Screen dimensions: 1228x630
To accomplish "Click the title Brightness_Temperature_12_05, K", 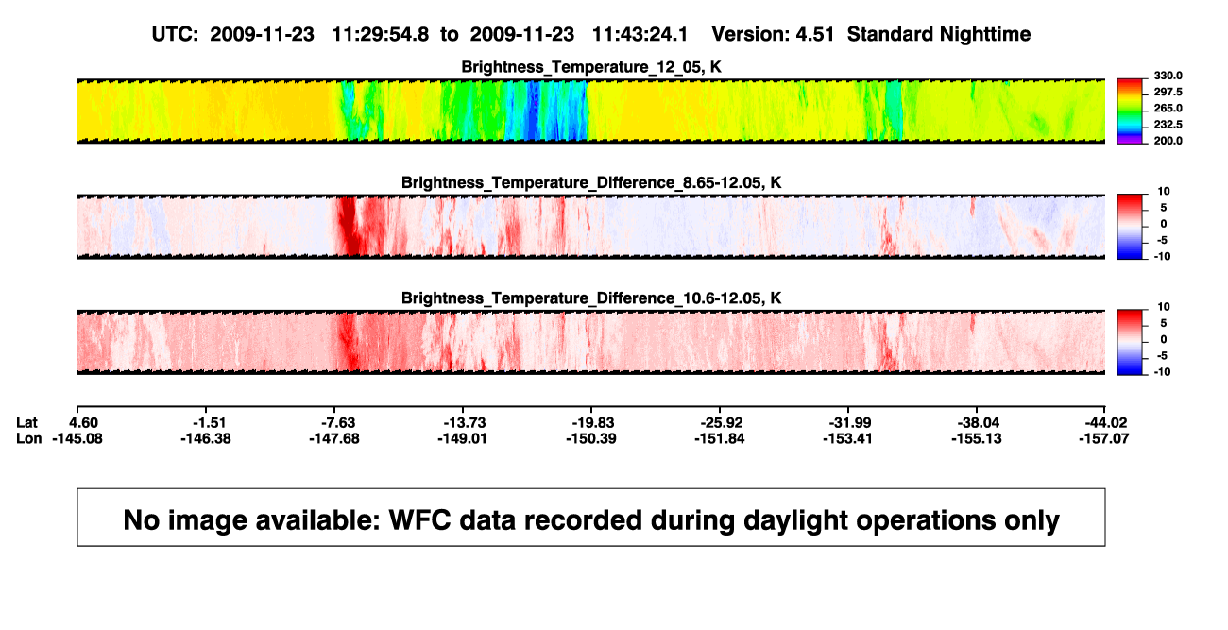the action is [591, 67].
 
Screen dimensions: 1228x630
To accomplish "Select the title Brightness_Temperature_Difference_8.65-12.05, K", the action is [591, 182].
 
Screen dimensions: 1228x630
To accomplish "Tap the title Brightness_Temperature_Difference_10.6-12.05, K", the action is [591, 298].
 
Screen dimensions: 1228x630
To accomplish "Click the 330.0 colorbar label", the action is [1168, 76].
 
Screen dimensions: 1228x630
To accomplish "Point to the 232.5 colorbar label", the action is [1168, 125].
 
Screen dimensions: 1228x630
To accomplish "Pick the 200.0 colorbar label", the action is [1168, 141].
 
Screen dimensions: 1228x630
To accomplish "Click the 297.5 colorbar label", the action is [1168, 93].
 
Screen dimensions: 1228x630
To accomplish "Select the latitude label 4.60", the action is [83, 423].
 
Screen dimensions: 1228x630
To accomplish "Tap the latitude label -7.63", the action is [338, 423].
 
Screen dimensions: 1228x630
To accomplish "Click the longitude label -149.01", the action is [462, 438].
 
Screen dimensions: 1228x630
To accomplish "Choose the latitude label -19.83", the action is [593, 423].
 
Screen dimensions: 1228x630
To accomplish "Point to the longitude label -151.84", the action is [719, 438].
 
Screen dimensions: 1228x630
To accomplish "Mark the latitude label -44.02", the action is [1106, 423].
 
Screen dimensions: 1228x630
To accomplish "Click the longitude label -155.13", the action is [977, 438].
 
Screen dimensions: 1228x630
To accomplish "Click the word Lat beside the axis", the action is [26, 423].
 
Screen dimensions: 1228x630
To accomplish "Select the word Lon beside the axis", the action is [28, 438].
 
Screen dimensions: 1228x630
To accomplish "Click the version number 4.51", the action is [815, 35].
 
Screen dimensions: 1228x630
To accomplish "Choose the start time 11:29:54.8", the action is [381, 35].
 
